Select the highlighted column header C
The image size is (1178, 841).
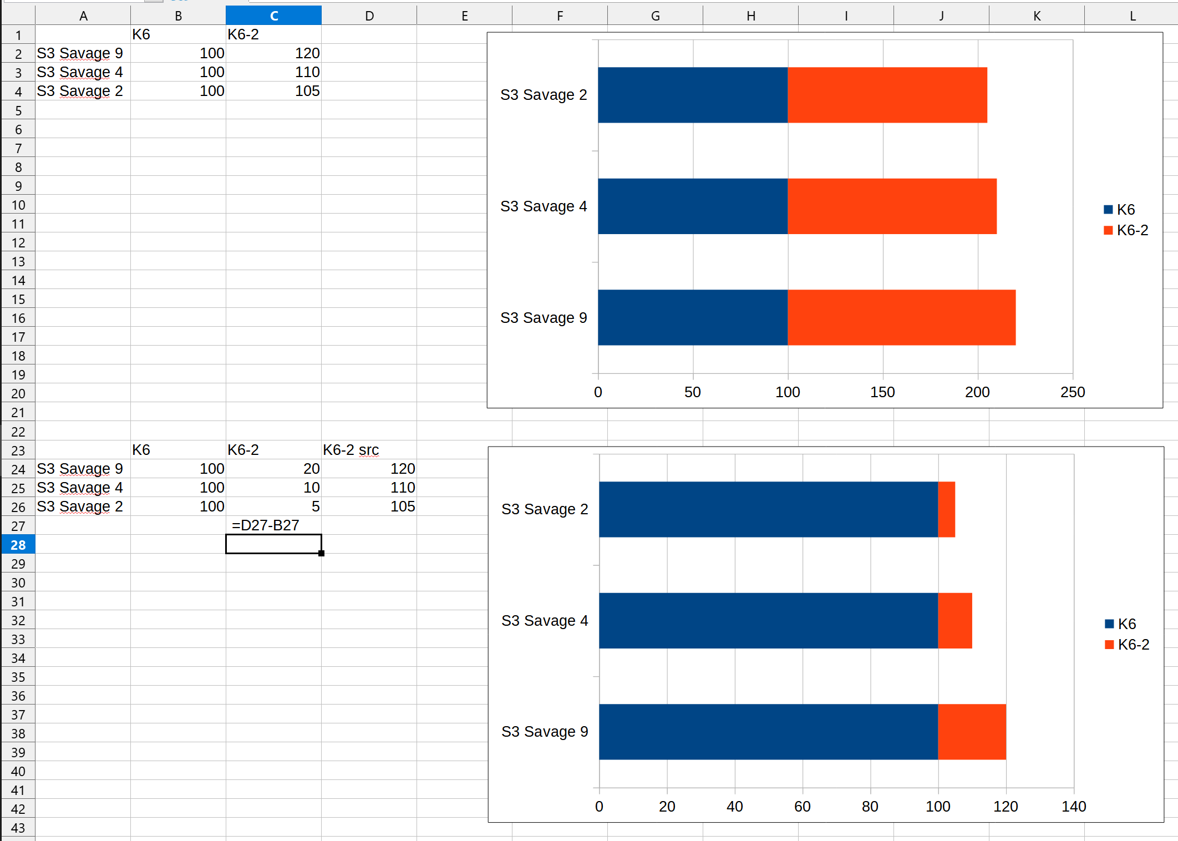point(273,16)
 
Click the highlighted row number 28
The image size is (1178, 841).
point(18,545)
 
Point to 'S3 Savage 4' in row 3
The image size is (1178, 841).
point(80,72)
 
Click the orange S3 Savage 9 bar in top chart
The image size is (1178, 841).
point(901,317)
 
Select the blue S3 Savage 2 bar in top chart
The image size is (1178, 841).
point(693,95)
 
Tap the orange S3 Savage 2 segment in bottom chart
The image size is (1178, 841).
point(946,509)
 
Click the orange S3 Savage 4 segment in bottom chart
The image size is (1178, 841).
point(954,620)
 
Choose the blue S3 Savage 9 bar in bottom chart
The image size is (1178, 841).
point(768,732)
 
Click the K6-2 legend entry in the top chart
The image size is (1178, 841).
point(1126,230)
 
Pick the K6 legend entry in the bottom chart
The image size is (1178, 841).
point(1121,624)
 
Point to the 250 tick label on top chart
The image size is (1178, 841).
point(1073,392)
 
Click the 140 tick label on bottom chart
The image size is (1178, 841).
point(1074,807)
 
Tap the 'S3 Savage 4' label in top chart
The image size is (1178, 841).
point(544,206)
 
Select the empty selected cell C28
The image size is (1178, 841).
point(273,544)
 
